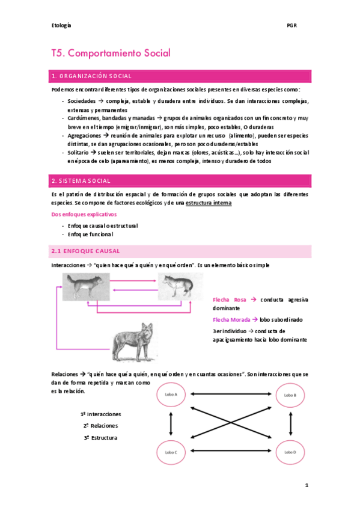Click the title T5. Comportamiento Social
[111, 53]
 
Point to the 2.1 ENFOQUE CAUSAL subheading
[86, 251]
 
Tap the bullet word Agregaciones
[84, 136]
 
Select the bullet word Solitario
[78, 153]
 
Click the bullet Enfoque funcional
[90, 234]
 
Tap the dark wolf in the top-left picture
[87, 286]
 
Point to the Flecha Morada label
[231, 320]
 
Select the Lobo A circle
[171, 395]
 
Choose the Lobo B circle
[290, 395]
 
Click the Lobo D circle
[290, 452]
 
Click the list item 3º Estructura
[100, 437]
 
